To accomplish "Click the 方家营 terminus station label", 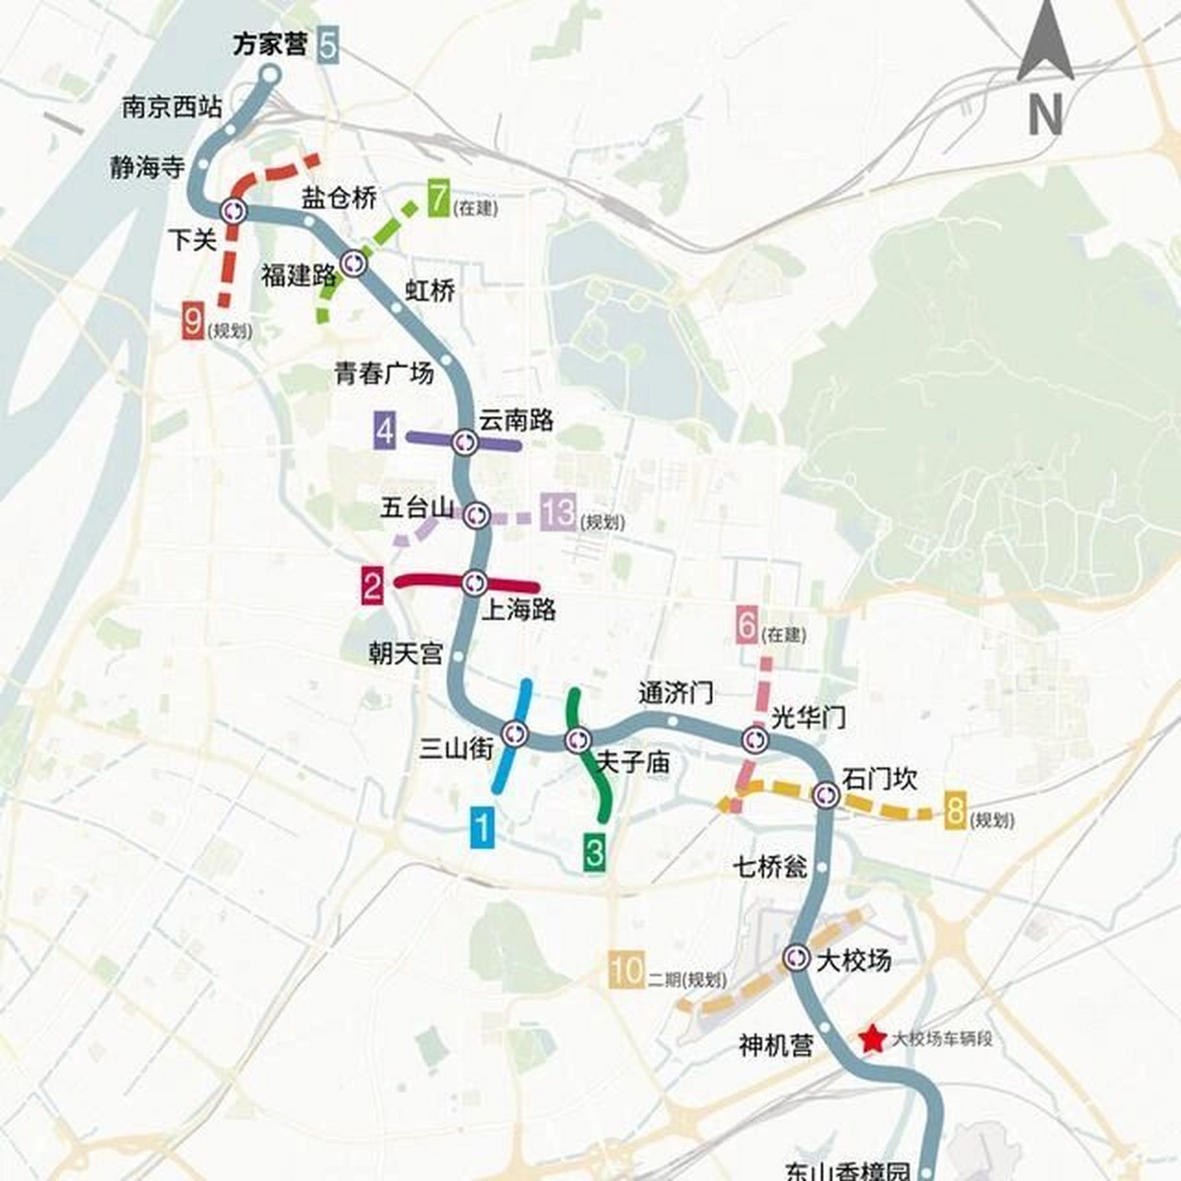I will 268,45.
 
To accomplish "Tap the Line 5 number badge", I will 327,45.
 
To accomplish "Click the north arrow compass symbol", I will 1044,69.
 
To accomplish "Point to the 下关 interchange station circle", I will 233,211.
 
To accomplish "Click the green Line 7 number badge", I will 438,199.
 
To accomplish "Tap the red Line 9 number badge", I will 194,323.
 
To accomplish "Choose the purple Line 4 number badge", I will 386,432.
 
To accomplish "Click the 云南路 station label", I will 516,420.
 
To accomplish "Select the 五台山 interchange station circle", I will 477,515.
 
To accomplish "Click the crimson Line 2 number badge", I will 372,587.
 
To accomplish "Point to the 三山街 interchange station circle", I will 514,734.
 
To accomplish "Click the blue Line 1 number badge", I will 483,827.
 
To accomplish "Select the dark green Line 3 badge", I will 594,851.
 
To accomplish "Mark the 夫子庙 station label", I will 634,763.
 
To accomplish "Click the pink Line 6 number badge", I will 747,626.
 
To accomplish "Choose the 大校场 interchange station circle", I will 797,959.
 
